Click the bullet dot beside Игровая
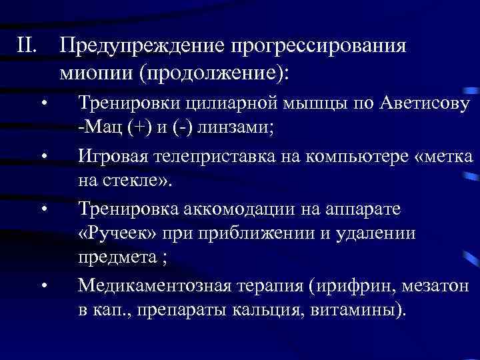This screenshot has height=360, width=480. coord(43,158)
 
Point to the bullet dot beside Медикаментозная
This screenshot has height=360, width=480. coord(43,287)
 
